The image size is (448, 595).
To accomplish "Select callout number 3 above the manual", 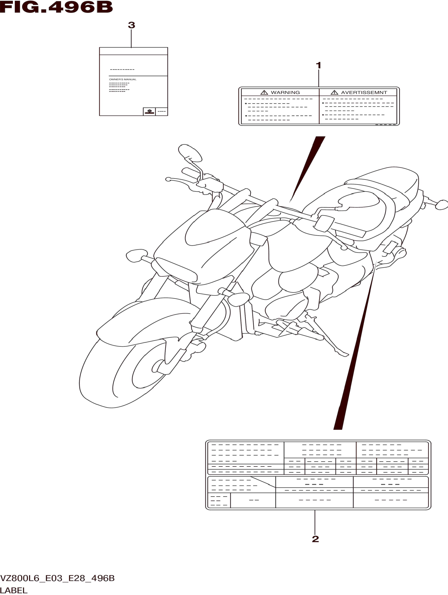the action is point(131,25).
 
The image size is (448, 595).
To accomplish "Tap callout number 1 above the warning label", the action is point(318,65).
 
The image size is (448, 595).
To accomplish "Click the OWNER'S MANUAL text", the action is point(123,79).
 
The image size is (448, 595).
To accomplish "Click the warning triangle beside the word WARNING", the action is point(264,93).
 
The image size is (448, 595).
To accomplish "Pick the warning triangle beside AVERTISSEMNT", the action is point(334,93).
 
